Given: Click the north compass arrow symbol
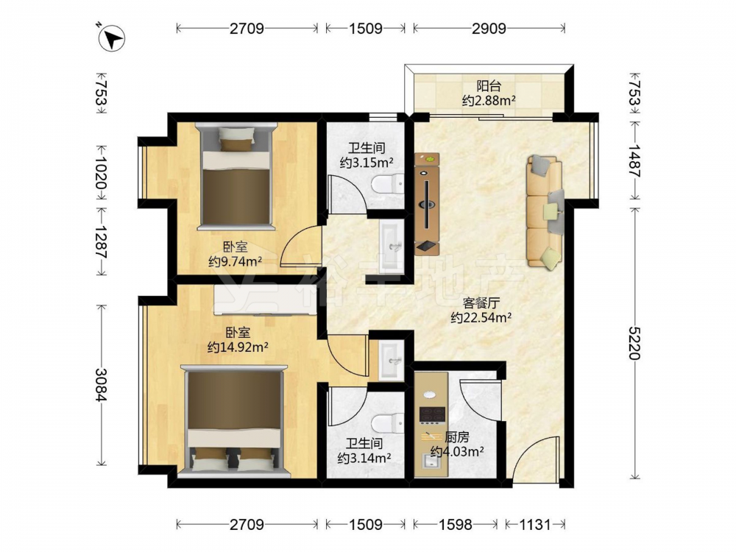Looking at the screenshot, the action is pos(112,38).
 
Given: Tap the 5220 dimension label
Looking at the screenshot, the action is pos(634,343).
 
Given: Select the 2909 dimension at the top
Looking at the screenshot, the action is pos(489,29).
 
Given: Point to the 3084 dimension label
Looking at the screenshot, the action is pos(101,384).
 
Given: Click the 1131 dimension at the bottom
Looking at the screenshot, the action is pos(535,524).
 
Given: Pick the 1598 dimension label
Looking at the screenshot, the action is pos(455,524).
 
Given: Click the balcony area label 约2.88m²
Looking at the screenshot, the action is pos(489,100).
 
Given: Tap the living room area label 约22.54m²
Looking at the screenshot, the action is pos(481,318).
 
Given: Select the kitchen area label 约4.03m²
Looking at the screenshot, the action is pos(457,452).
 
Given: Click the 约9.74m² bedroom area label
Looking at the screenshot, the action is pos(236,261).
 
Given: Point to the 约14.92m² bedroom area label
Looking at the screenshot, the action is pos(238,347).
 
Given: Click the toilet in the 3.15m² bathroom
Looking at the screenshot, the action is pos(388,183).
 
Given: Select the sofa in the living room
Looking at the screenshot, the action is pos(545,211).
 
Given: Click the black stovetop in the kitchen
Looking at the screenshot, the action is pos(432,415).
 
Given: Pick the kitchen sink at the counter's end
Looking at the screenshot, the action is pos(431,462).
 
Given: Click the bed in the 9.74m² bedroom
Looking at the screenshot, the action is pos(236,177).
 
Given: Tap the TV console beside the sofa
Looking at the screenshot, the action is pos(427,204).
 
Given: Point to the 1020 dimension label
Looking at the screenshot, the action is pos(101,171).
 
